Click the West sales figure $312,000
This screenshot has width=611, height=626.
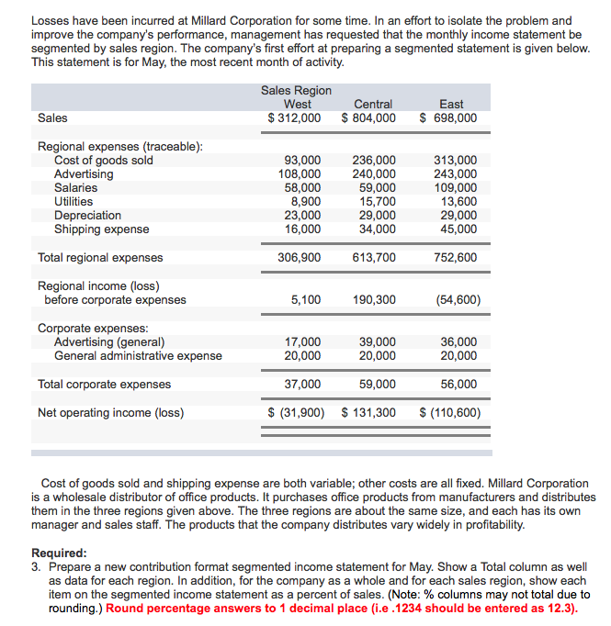click(x=294, y=118)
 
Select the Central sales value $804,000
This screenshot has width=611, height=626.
click(x=368, y=118)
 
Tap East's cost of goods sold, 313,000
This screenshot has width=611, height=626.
click(x=455, y=161)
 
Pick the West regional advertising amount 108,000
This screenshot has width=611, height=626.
click(x=300, y=174)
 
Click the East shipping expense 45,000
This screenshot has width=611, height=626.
click(x=458, y=229)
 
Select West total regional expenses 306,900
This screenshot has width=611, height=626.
click(x=300, y=258)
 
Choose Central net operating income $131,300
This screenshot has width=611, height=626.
click(x=368, y=413)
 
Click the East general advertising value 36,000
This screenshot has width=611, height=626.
click(x=458, y=342)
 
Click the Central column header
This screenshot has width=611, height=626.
click(x=373, y=105)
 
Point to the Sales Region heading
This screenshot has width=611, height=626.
click(x=296, y=91)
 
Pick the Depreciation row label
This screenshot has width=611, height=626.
click(x=87, y=216)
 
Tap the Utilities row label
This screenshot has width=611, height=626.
click(x=74, y=202)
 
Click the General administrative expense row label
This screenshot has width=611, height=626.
click(x=138, y=356)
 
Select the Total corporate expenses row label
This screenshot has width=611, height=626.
click(x=104, y=385)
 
